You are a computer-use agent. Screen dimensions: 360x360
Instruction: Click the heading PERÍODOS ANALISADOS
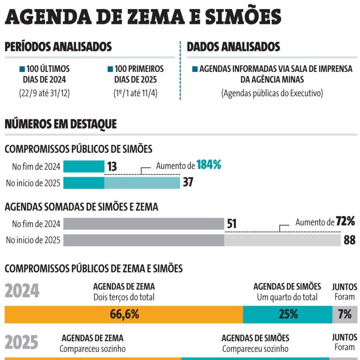(58, 47)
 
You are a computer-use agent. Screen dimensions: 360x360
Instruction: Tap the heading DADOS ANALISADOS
(233, 47)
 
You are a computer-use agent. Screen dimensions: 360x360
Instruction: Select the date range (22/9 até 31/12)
(44, 93)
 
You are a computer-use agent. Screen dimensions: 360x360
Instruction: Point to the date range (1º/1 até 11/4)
(135, 93)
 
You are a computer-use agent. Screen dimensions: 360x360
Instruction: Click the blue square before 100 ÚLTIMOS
(22, 69)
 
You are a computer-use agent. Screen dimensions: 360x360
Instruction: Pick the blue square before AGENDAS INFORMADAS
(195, 69)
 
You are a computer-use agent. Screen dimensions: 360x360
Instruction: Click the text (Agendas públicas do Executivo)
(272, 93)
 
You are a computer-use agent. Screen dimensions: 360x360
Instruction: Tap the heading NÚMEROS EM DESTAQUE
(60, 124)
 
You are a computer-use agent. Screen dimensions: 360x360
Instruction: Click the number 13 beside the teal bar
(112, 167)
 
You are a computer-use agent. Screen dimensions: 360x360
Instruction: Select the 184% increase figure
(209, 166)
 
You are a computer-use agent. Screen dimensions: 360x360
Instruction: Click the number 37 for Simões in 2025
(188, 183)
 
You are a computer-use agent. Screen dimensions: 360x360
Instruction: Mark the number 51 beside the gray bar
(232, 224)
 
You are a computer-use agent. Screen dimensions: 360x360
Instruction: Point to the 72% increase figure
(346, 221)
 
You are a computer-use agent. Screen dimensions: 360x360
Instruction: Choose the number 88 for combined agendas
(349, 240)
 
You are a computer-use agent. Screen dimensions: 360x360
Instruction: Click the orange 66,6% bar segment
(124, 314)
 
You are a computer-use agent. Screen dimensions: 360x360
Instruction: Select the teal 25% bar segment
(288, 314)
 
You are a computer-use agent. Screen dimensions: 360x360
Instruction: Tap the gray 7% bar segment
(345, 314)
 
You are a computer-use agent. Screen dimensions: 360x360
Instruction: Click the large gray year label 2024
(22, 291)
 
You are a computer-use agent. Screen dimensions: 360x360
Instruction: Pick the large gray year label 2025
(22, 343)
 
